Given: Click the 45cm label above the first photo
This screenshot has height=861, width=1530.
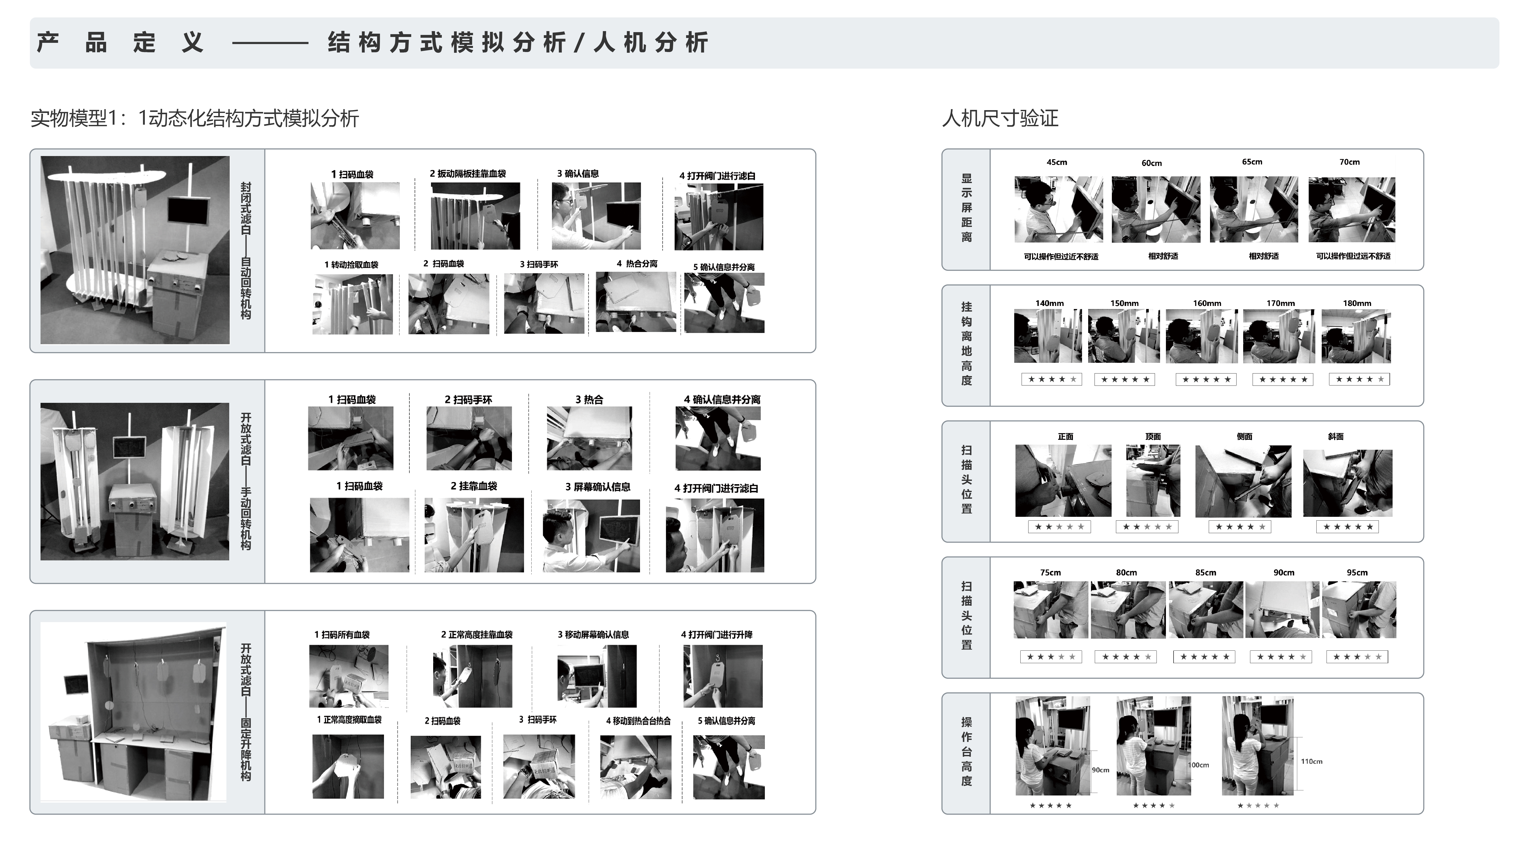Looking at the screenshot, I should pos(1057,162).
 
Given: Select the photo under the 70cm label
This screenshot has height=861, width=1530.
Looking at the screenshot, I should pos(1351,209).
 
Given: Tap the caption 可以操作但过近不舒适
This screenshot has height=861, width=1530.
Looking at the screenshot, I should pos(1061,256).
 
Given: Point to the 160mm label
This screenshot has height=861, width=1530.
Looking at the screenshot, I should pos(1207,303).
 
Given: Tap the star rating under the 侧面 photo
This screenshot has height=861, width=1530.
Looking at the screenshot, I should pos(1240,527).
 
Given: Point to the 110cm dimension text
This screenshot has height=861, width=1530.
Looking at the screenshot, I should pos(1312,761).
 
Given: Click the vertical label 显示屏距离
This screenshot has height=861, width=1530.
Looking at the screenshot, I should pos(966,208).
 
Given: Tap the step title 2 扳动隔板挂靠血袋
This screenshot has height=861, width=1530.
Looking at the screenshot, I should pos(467,173).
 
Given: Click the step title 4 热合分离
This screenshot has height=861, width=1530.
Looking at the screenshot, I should pos(637,264).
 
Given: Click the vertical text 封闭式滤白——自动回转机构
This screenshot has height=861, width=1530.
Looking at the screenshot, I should pos(245,251).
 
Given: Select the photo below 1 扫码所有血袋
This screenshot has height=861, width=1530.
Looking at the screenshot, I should pos(349,676).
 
